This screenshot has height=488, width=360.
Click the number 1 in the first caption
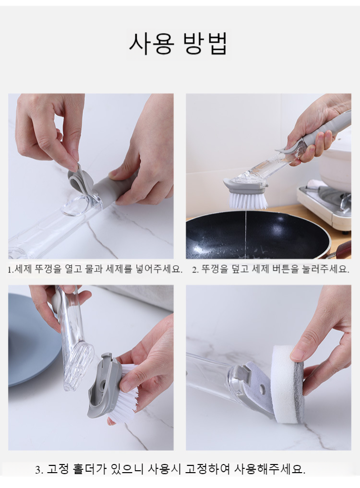[x=10, y=270]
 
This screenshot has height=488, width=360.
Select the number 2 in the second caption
[x=194, y=270]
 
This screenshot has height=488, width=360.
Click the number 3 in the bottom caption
[x=38, y=470]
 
